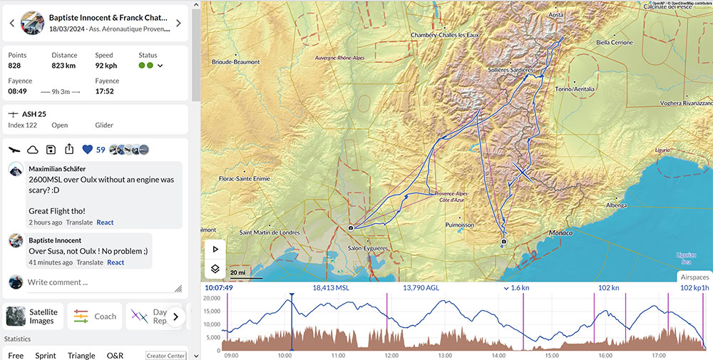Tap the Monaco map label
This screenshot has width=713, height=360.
561,233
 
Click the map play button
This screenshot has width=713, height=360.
215,250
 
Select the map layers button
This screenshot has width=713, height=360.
215,269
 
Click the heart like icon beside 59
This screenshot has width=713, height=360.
88,150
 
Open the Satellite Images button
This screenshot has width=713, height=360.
34,317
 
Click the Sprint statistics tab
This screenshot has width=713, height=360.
45,355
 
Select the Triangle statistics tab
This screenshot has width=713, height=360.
81,355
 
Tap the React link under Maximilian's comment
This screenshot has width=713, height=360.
105,222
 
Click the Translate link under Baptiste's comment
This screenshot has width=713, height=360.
90,262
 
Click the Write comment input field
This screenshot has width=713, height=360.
96,282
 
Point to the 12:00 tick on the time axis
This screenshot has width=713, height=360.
391,354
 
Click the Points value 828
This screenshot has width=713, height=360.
14,66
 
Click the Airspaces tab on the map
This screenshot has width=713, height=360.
694,277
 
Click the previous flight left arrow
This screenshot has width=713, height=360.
12,23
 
